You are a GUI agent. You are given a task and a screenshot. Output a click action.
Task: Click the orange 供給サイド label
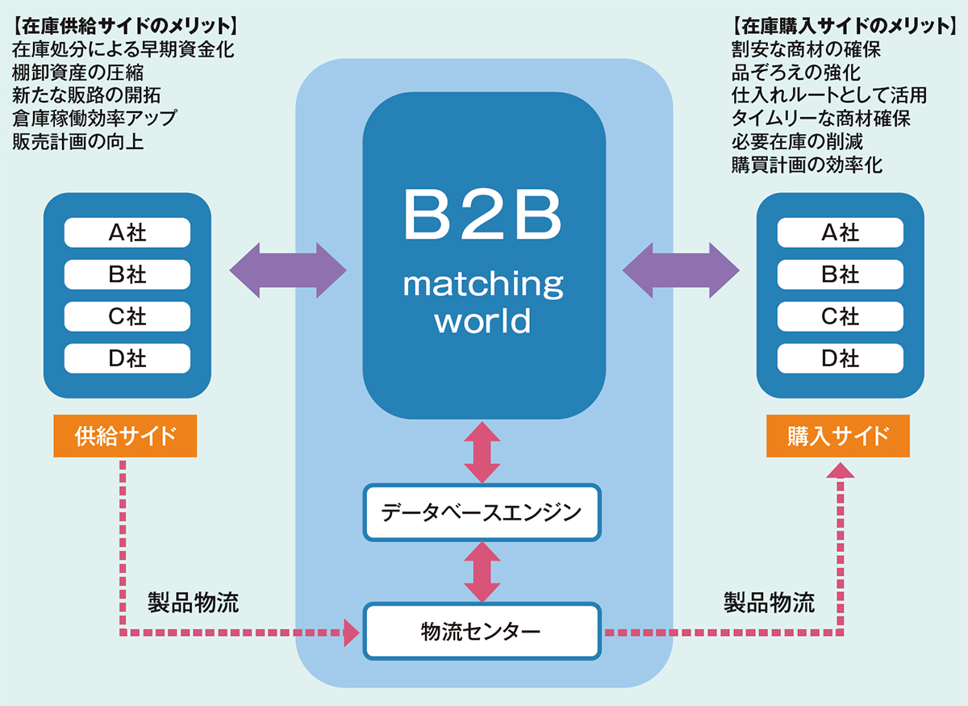(x=125, y=436)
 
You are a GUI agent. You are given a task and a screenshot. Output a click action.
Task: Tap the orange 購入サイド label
(x=838, y=436)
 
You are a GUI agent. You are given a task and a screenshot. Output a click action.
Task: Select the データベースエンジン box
(x=482, y=512)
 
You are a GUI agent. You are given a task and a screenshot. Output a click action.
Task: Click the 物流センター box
(x=482, y=630)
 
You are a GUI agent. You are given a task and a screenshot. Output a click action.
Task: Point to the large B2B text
(x=482, y=216)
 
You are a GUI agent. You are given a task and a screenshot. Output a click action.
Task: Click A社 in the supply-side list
(x=127, y=233)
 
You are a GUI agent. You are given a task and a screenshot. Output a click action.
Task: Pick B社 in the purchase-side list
(x=840, y=275)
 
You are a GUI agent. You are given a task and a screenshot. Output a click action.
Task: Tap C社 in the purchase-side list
(x=840, y=317)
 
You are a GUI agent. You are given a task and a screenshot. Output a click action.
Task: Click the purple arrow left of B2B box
(x=288, y=269)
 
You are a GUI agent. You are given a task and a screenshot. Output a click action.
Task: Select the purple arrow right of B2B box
(x=681, y=269)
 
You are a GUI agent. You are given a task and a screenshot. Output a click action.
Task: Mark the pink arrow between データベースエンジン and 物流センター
(x=482, y=571)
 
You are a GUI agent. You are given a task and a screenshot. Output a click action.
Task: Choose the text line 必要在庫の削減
(x=797, y=142)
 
